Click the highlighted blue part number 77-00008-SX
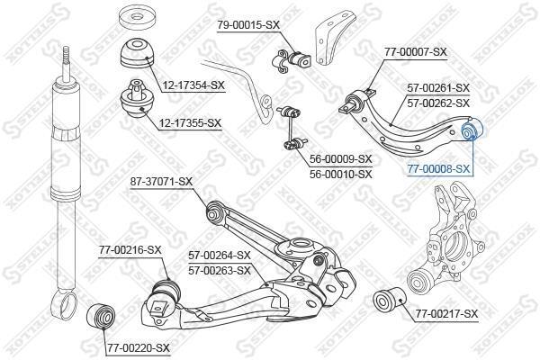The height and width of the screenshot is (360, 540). pyautogui.click(x=438, y=169)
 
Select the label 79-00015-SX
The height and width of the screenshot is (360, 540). pyautogui.click(x=248, y=25)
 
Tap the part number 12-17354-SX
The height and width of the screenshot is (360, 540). pyautogui.click(x=193, y=85)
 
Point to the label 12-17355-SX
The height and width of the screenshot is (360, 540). pyautogui.click(x=190, y=122)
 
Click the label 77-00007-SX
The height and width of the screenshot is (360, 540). pyautogui.click(x=415, y=52)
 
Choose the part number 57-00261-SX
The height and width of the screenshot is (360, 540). pyautogui.click(x=438, y=88)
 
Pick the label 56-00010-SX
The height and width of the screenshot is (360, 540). pyautogui.click(x=341, y=174)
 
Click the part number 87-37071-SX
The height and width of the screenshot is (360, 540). pyautogui.click(x=161, y=182)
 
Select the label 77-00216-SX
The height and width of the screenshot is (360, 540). pyautogui.click(x=130, y=250)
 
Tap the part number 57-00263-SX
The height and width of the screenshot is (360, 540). pyautogui.click(x=220, y=271)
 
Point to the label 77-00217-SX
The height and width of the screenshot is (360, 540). pyautogui.click(x=446, y=314)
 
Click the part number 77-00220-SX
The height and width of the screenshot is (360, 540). pyautogui.click(x=139, y=348)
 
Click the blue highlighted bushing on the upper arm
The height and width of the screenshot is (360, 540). pyautogui.click(x=472, y=130)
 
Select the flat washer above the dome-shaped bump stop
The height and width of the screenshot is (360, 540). pyautogui.click(x=137, y=18)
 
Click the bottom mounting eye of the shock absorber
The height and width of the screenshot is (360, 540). pyautogui.click(x=65, y=304)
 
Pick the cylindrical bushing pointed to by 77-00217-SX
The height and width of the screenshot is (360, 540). pyautogui.click(x=390, y=299)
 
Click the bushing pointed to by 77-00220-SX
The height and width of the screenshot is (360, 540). pyautogui.click(x=100, y=316)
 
